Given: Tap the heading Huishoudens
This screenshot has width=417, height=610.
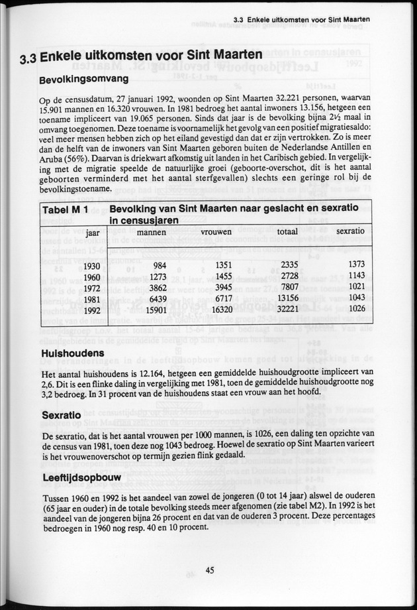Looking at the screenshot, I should (72, 353).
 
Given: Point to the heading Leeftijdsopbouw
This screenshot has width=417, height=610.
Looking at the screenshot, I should (82, 478).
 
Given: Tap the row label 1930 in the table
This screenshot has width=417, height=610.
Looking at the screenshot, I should (92, 266).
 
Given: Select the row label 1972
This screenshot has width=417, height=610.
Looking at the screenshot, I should (92, 288).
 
